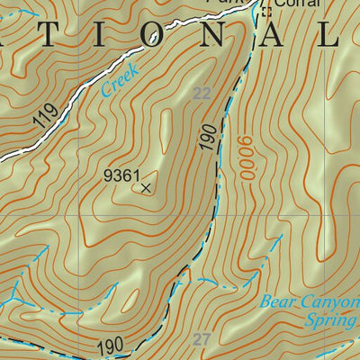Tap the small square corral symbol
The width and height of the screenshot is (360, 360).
tap(265, 12)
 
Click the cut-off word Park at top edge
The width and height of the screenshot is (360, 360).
tap(237, 3)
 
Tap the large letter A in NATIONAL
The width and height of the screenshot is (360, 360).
tap(280, 36)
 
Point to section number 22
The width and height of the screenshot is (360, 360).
tap(202, 93)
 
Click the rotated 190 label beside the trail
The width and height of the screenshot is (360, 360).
tap(210, 137)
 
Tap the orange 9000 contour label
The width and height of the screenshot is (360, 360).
tap(242, 157)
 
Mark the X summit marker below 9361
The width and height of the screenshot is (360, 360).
tap(146, 187)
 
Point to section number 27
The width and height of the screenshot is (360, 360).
tap(202, 339)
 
